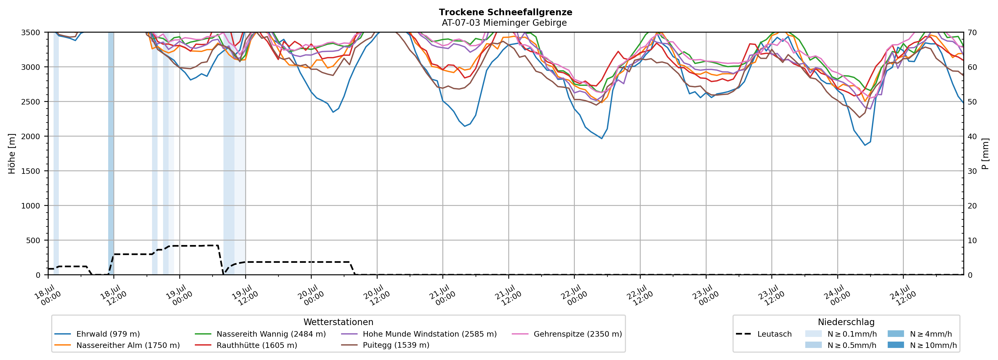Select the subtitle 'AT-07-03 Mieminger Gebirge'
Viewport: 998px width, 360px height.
pos(504,23)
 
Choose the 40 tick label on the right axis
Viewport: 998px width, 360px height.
pos(972,136)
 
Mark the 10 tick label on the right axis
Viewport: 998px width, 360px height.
pos(972,240)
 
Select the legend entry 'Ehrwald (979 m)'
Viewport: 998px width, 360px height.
pos(97,334)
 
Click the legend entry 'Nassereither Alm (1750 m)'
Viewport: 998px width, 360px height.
pos(117,345)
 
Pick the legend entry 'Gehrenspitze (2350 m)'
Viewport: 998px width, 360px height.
pos(567,334)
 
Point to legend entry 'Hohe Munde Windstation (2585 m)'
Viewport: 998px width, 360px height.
pos(419,334)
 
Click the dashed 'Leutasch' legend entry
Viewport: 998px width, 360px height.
pos(764,334)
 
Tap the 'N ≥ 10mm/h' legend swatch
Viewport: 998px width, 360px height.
pos(895,345)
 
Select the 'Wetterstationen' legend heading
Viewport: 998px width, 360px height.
pos(338,322)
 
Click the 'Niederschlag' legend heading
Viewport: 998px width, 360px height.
pos(846,322)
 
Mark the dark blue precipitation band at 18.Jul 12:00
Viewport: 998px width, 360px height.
pos(111,153)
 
